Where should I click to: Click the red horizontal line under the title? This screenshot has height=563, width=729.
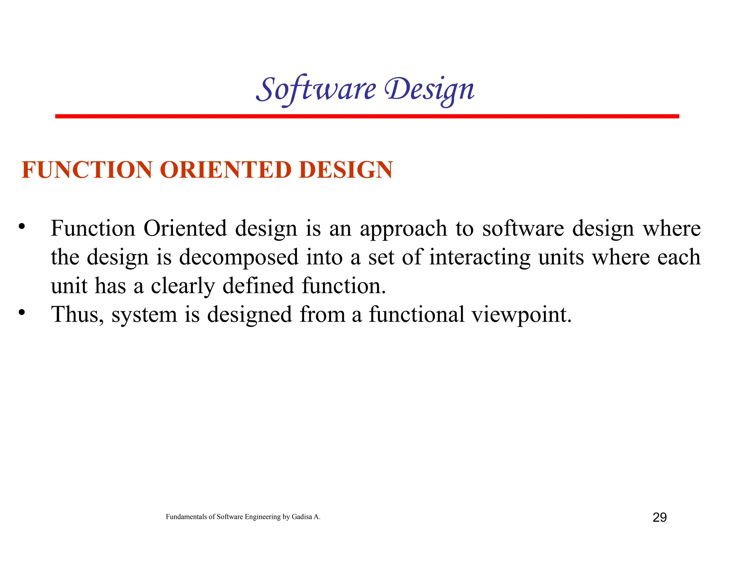[367, 116]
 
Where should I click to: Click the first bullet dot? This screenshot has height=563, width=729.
[22, 226]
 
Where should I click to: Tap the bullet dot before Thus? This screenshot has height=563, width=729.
[22, 312]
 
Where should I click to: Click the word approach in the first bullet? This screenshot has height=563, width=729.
[403, 229]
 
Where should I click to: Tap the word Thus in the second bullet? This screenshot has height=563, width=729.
[77, 315]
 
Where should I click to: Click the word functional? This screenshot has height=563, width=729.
[416, 315]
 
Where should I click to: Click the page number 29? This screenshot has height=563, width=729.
[659, 517]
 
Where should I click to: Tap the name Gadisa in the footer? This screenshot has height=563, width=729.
[301, 517]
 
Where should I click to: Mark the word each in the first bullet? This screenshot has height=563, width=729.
[679, 257]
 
